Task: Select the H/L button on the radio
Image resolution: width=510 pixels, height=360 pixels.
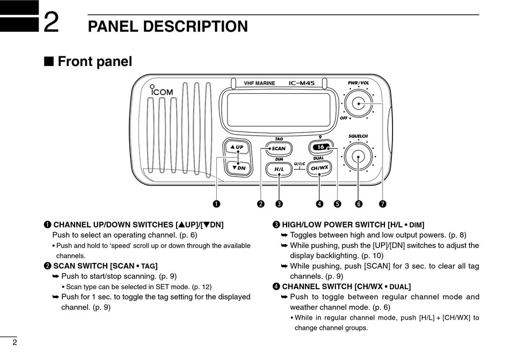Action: (279, 169)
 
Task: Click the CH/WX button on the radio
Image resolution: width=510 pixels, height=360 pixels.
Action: (319, 168)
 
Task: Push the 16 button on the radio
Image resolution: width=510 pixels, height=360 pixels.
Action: (321, 147)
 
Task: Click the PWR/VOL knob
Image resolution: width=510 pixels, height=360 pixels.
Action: (358, 103)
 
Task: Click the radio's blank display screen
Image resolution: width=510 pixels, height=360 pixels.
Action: (279, 109)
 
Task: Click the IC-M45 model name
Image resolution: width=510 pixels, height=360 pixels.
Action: (302, 83)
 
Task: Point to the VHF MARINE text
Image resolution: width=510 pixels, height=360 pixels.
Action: (259, 84)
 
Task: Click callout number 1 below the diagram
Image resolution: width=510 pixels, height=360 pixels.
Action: (216, 204)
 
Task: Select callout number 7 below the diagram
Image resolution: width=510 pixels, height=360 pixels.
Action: (382, 204)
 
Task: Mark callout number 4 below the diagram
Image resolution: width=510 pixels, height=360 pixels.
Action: (319, 204)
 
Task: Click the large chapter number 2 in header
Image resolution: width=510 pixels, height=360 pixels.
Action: (51, 24)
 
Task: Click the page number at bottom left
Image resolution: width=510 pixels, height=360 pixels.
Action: (15, 343)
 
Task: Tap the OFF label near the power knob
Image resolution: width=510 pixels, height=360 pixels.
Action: (344, 117)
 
